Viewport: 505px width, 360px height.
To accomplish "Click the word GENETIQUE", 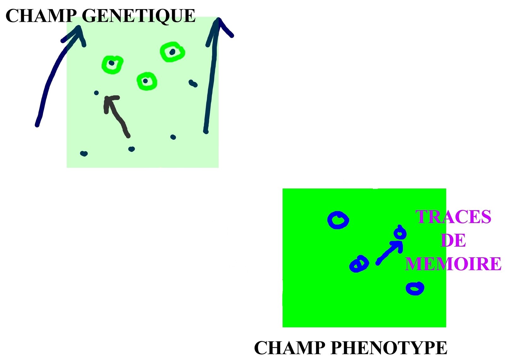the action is (x=139, y=16).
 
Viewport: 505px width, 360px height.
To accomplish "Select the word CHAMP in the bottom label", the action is (x=289, y=348).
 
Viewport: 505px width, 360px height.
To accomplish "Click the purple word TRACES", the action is (x=453, y=217).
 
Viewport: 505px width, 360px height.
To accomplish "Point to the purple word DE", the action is (x=453, y=240).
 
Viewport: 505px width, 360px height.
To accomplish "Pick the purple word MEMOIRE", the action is (x=453, y=263).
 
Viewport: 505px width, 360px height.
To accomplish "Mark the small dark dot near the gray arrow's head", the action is (x=96, y=93).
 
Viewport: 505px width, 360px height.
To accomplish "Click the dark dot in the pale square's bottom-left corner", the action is (x=84, y=154).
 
